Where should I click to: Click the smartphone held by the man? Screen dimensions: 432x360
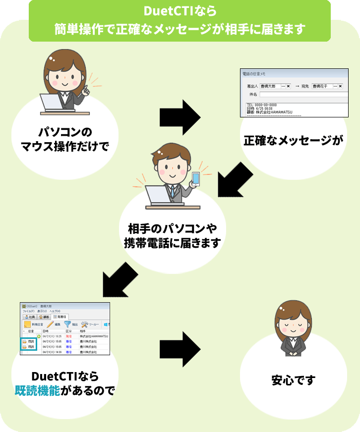(196, 179)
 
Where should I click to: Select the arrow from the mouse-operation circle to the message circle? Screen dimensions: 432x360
(180, 116)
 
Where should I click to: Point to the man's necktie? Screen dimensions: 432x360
(173, 191)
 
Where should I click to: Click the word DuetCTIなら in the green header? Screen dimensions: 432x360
(180, 11)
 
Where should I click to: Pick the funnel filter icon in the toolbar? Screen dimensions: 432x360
(68, 324)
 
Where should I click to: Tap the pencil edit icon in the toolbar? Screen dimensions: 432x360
(50, 324)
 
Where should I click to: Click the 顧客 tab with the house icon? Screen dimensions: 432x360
(43, 316)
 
